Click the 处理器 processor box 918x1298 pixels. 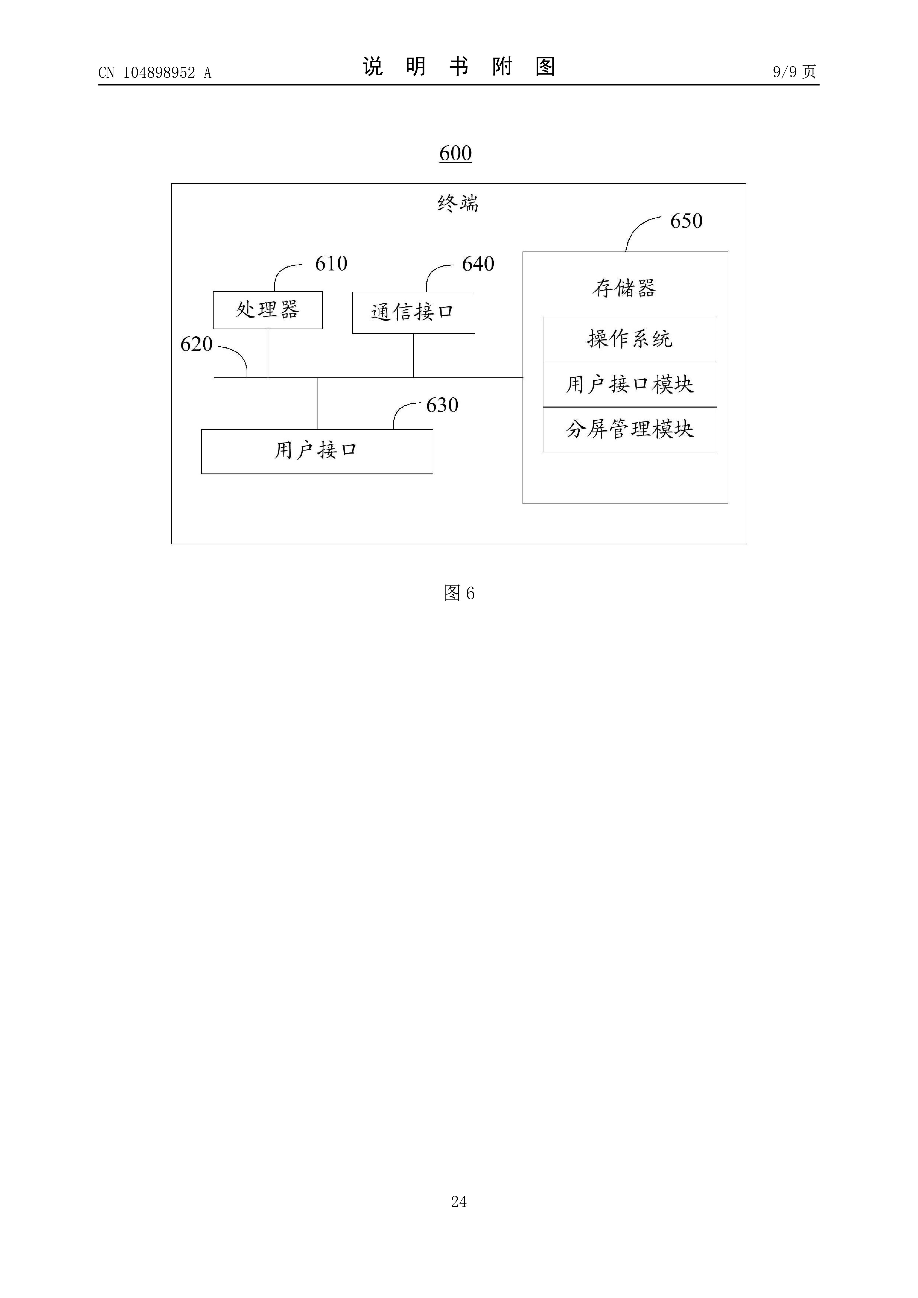267,310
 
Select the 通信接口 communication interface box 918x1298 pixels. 414,313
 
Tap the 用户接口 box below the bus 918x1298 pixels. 317,451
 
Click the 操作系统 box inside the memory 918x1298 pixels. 629,339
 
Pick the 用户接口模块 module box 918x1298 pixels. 629,385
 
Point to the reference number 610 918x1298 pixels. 331,263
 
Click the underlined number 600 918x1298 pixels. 455,153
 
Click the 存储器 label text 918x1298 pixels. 624,288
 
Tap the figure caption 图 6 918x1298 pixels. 459,593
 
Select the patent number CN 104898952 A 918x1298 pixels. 154,72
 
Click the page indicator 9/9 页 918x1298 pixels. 794,72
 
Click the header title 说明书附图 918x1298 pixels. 459,67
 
